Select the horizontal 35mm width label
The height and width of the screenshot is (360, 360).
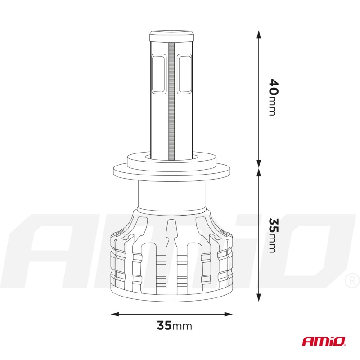(x=175, y=325)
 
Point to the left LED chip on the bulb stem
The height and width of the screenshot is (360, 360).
(x=159, y=74)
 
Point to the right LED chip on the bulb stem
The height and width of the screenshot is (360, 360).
(x=185, y=74)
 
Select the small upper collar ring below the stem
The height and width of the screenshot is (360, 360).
(x=171, y=158)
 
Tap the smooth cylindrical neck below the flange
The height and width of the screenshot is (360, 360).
(x=171, y=196)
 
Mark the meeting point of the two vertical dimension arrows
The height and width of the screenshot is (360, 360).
(x=259, y=167)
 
